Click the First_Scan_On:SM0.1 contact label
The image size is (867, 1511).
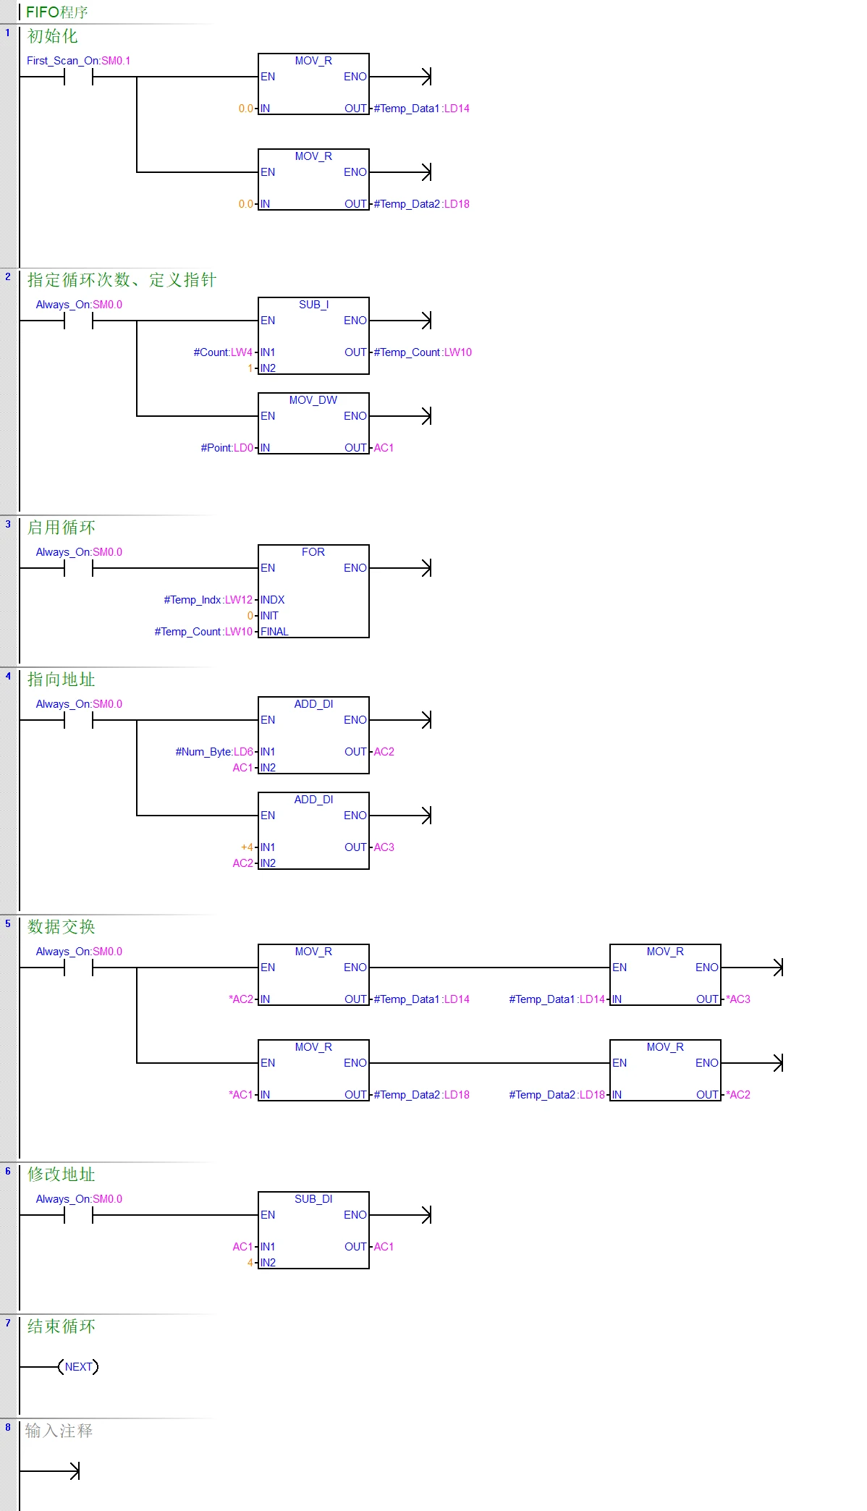[x=78, y=61]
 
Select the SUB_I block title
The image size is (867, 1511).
[x=313, y=305]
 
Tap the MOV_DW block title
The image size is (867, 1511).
[x=313, y=400]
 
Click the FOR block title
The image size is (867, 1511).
[x=313, y=552]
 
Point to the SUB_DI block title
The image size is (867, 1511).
[x=313, y=1199]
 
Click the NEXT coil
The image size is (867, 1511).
[x=78, y=1367]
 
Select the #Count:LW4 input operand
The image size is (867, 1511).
[x=223, y=352]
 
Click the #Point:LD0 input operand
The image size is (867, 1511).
[x=227, y=448]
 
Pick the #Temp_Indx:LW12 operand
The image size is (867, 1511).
[x=208, y=600]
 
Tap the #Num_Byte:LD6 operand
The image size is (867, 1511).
[x=214, y=752]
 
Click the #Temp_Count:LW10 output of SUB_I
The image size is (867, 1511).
[x=423, y=352]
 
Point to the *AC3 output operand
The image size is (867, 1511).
[x=738, y=999]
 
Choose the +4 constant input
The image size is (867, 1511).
[x=247, y=847]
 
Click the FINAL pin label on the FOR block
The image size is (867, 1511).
[x=274, y=632]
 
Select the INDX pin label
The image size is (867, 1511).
[x=272, y=600]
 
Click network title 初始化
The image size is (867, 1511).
[x=52, y=36]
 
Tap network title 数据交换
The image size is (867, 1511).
[x=62, y=927]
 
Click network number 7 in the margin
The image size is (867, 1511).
[x=8, y=1323]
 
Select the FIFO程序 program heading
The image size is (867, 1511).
[x=56, y=12]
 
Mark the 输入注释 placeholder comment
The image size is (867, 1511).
[x=59, y=1431]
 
